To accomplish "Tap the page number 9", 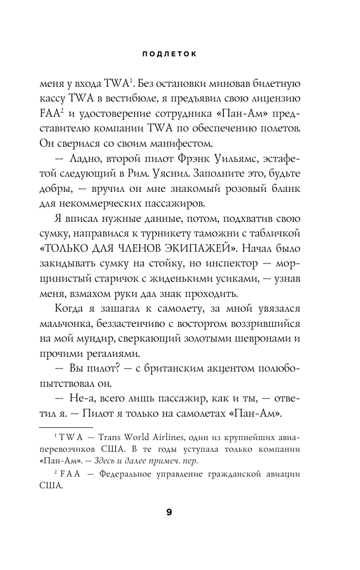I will coord(169,512).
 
